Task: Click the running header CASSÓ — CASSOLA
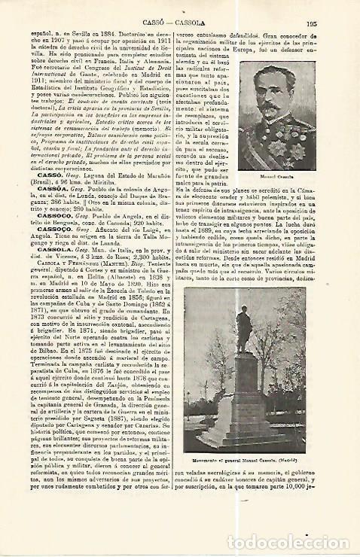point(179,23)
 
